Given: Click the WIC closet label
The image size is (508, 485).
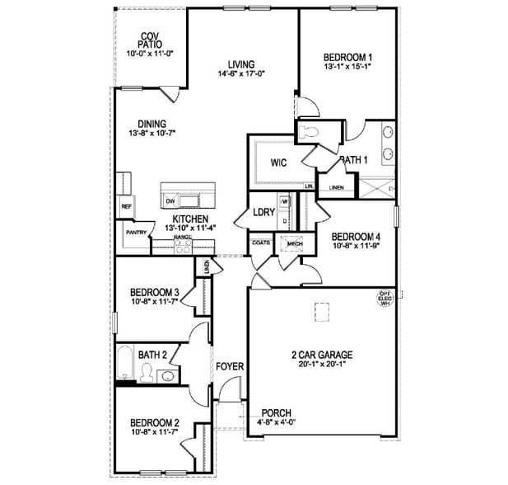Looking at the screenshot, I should (x=278, y=162).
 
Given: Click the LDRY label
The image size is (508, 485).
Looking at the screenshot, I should (x=263, y=210).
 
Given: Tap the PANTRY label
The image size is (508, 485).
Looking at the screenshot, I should (x=136, y=233).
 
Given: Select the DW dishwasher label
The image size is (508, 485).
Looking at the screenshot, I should (x=170, y=201).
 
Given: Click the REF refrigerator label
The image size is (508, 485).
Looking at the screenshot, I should (x=126, y=206).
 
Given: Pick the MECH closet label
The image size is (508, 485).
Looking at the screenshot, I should (x=294, y=244).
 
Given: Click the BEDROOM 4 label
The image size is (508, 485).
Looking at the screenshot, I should (x=357, y=235).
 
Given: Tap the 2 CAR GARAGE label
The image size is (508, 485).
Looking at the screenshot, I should (x=322, y=356).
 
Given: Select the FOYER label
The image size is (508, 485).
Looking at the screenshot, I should (x=229, y=366).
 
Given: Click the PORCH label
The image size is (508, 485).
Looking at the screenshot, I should (x=276, y=413).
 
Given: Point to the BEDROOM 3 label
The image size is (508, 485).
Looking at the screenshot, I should (x=155, y=293).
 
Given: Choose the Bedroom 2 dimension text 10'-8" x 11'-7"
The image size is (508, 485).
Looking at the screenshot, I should (x=155, y=433).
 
